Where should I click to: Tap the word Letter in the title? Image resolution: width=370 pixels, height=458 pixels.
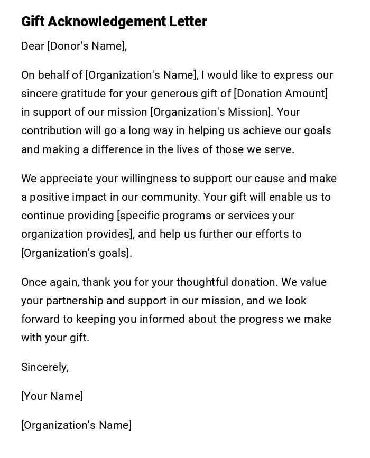tap(188, 22)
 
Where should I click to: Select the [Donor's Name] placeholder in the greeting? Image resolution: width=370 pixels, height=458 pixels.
tap(86, 46)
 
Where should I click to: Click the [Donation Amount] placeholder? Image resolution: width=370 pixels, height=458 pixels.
tap(281, 94)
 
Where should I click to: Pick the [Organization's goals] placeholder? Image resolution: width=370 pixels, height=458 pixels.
tap(75, 253)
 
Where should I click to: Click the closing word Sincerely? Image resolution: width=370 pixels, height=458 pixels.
tap(44, 367)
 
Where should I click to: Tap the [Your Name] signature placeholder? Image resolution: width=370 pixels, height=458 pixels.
tap(52, 396)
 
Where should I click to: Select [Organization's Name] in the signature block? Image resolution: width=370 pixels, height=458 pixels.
tap(76, 425)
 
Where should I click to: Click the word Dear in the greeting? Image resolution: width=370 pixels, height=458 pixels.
tap(33, 46)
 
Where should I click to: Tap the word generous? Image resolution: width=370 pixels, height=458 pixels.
tap(174, 94)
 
